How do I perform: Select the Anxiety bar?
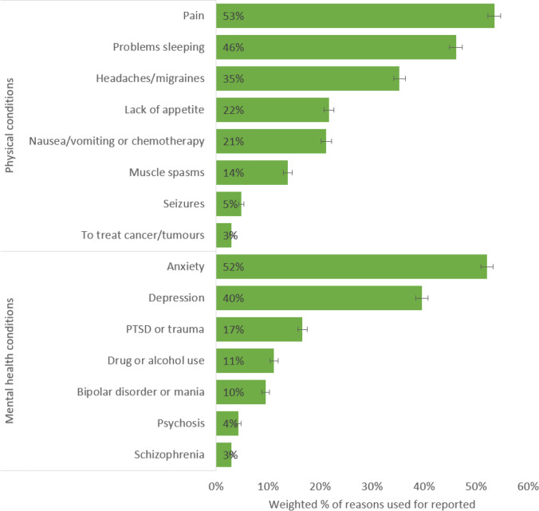pyautogui.click(x=351, y=266)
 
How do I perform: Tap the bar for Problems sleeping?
pyautogui.click(x=335, y=47)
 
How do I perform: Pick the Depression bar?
pyautogui.click(x=319, y=298)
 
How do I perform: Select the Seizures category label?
pyautogui.click(x=183, y=204)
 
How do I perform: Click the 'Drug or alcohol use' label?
pyautogui.click(x=151, y=360)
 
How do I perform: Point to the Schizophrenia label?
pyautogui.click(x=171, y=454)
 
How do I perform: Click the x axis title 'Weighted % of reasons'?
pyautogui.click(x=372, y=503)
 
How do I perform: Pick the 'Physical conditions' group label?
pyautogui.click(x=10, y=124)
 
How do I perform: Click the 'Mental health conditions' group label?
pyautogui.click(x=10, y=360)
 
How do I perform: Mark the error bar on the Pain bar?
pyautogui.click(x=494, y=15)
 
